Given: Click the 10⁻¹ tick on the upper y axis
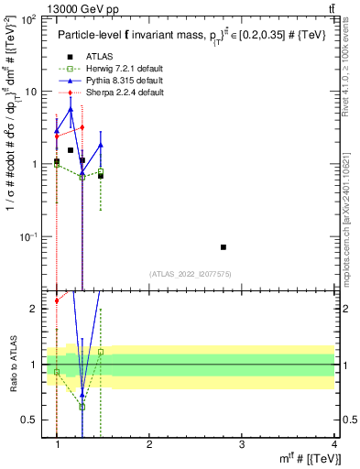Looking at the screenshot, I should click(28, 237).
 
